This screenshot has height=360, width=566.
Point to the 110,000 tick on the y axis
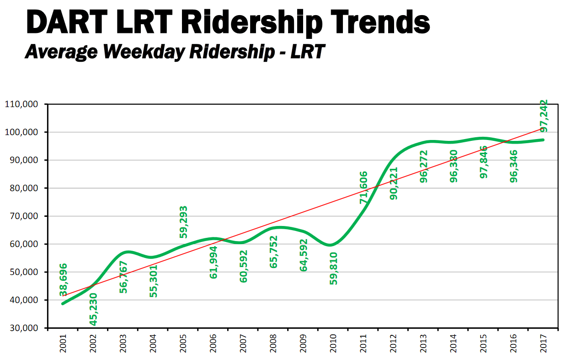point(22,104)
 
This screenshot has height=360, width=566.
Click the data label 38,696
point(63,279)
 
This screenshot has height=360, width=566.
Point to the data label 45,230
point(93,309)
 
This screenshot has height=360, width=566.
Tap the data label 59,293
point(183,222)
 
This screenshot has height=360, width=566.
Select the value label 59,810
point(333,268)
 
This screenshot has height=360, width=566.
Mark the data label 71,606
point(363,188)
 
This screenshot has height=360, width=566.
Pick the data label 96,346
point(514,166)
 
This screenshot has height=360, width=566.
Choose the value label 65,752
point(273,252)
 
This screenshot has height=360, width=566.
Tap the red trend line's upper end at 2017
point(544,129)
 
